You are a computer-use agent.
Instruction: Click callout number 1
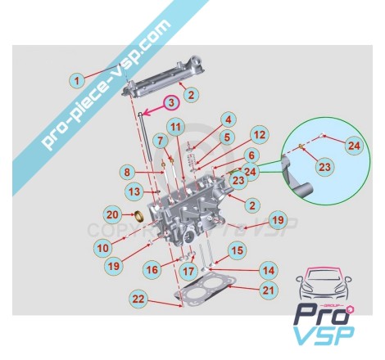(x=77, y=81)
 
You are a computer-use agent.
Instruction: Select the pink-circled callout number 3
(x=171, y=103)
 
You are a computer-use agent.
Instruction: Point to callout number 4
(x=229, y=119)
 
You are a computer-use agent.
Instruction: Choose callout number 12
(x=259, y=135)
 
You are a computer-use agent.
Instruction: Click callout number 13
(x=134, y=191)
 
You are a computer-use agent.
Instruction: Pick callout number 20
(x=112, y=214)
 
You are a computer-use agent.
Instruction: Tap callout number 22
(x=138, y=299)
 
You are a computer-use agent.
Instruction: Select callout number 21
(x=268, y=290)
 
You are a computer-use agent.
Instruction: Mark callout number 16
(x=152, y=270)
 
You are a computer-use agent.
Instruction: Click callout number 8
(x=128, y=173)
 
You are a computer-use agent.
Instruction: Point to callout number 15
(x=237, y=250)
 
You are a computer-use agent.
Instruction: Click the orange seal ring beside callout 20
(x=141, y=217)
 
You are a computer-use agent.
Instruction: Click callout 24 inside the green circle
(x=354, y=146)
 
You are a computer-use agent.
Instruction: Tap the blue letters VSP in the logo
(x=324, y=335)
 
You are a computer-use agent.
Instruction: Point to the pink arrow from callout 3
(x=155, y=110)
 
